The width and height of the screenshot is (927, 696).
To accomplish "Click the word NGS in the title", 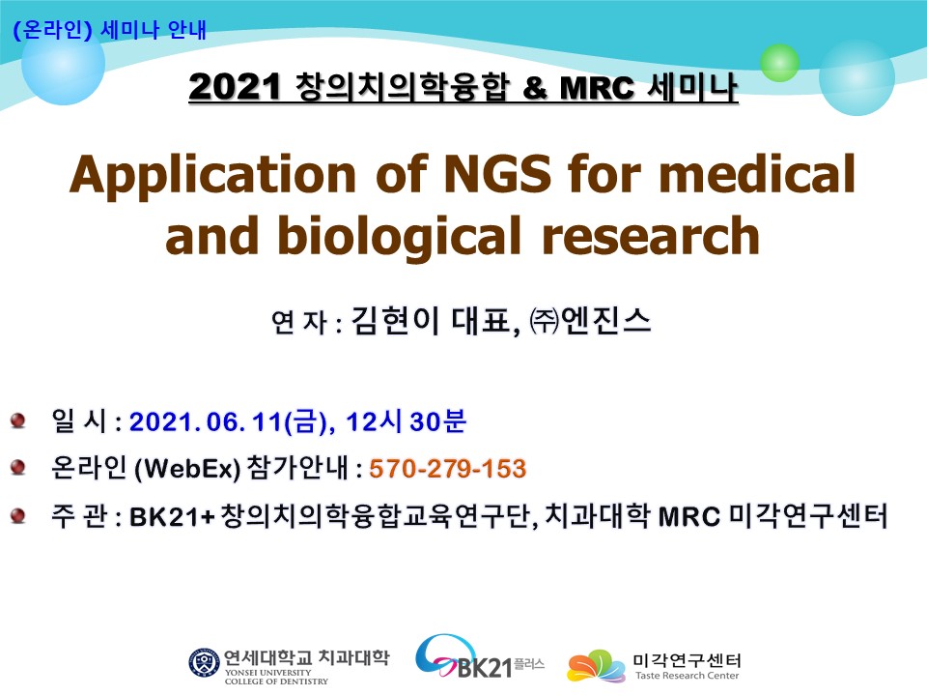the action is tap(498, 173).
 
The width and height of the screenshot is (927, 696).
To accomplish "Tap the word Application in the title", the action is tap(212, 177).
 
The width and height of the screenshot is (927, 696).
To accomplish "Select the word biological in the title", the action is tap(400, 238).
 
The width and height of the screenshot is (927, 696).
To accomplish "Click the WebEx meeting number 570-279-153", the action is tap(447, 469).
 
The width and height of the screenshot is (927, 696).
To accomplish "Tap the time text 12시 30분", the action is tap(407, 421).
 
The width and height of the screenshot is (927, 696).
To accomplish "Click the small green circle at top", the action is tap(779, 63).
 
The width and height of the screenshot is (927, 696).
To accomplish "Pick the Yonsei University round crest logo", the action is tap(204, 663).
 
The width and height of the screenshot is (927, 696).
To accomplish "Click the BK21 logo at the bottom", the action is tap(479, 657).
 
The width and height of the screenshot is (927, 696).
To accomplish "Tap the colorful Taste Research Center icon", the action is tap(596, 666).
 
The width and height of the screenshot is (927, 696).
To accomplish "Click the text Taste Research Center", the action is tap(687, 676).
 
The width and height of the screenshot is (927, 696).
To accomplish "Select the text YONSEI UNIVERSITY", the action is tap(267, 673).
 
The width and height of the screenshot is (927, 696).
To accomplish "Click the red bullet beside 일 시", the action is tap(17, 420).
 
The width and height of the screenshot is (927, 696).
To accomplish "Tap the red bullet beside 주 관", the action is tap(17, 515).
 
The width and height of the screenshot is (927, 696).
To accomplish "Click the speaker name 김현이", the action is tap(395, 321).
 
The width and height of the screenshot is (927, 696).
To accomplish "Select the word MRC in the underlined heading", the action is tap(597, 89).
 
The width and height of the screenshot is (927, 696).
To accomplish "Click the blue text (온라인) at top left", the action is tap(52, 29).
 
